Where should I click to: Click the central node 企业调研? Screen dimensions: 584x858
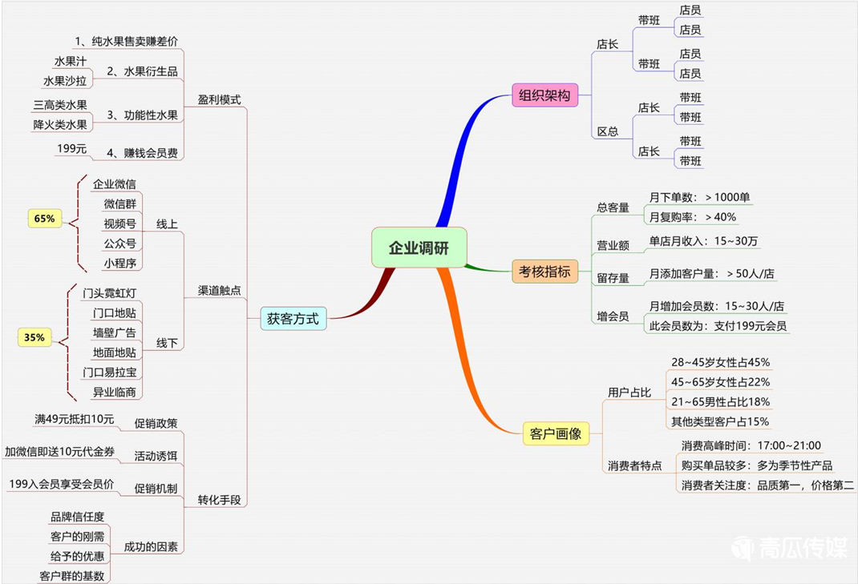click(x=419, y=248)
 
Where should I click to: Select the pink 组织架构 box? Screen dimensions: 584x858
click(x=544, y=95)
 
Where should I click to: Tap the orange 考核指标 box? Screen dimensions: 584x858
click(x=544, y=272)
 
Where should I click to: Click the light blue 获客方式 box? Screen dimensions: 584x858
click(x=293, y=319)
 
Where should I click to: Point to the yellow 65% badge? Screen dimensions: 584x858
click(x=44, y=218)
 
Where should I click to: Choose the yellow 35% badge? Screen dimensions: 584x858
click(x=34, y=338)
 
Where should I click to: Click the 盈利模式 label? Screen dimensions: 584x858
click(x=220, y=101)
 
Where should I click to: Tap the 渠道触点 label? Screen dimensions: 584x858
click(x=220, y=291)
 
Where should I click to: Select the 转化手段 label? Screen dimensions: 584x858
click(x=220, y=501)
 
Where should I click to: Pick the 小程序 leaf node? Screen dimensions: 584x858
click(x=119, y=263)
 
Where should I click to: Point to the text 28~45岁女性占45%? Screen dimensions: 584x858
click(x=720, y=363)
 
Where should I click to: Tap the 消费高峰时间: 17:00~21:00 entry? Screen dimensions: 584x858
click(x=751, y=445)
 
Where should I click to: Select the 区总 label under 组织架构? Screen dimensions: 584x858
click(x=607, y=131)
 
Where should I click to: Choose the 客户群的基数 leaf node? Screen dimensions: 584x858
click(x=71, y=575)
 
